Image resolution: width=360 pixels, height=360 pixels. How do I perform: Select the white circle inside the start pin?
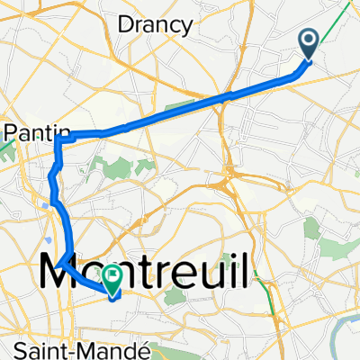[308, 39]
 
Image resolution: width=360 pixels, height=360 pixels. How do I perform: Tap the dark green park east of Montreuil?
[312, 230]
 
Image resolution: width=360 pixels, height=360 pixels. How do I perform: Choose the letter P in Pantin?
[10, 132]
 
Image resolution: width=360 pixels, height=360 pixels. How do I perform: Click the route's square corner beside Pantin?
[57, 135]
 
